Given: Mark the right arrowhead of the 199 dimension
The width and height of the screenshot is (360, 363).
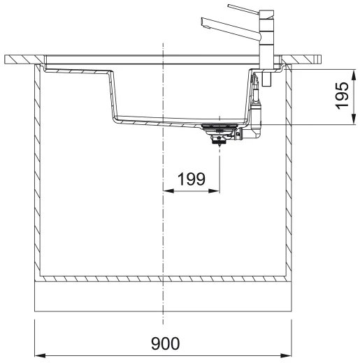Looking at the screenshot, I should [217, 190].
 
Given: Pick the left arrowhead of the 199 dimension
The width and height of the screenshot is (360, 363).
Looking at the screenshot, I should [166, 190].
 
